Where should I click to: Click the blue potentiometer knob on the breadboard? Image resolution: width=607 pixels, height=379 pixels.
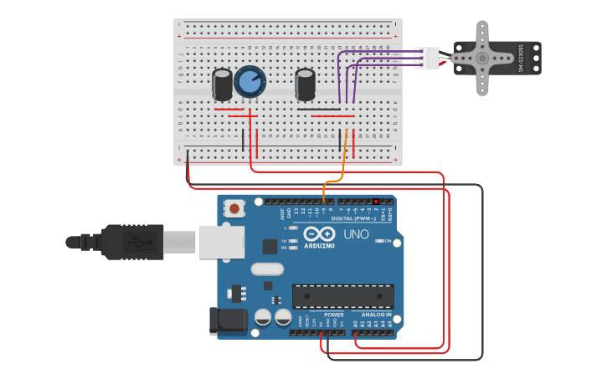[249, 81]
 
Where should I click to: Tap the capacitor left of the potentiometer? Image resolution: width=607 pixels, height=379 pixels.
[222, 85]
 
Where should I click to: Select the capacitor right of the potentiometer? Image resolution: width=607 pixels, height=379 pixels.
[306, 85]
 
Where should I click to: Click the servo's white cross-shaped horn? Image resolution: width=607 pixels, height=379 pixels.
[481, 58]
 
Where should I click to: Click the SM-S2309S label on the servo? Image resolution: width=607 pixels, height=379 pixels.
[521, 58]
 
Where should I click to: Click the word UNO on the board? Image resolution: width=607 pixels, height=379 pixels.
[356, 234]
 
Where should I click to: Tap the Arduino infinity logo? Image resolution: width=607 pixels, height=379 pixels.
[319, 234]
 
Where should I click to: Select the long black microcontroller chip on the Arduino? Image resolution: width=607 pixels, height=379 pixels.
[342, 296]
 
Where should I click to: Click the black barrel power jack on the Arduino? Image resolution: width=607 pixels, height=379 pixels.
[228, 320]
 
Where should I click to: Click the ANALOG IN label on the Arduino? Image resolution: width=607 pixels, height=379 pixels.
[376, 315]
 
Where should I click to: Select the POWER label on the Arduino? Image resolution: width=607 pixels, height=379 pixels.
[322, 315]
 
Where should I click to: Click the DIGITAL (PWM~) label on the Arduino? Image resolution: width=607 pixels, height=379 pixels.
[353, 218]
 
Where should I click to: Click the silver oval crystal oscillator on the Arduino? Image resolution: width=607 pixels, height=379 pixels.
[267, 269]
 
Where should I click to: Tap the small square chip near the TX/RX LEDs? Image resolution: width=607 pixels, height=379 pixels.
[270, 246]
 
